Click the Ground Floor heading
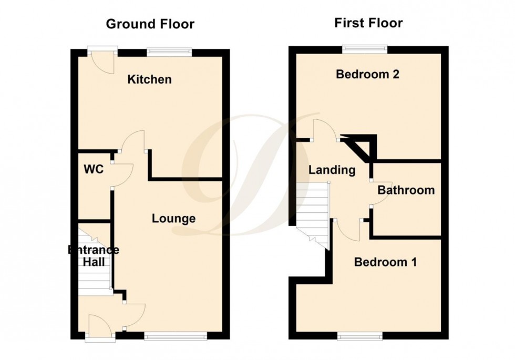(150, 24)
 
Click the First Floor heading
(368, 23)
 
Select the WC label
(93, 170)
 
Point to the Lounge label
(174, 218)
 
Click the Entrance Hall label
(93, 255)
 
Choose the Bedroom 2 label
(368, 74)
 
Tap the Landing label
(332, 170)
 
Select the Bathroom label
(406, 190)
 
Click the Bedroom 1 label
(386, 262)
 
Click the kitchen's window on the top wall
(169, 51)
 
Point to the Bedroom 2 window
(366, 49)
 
